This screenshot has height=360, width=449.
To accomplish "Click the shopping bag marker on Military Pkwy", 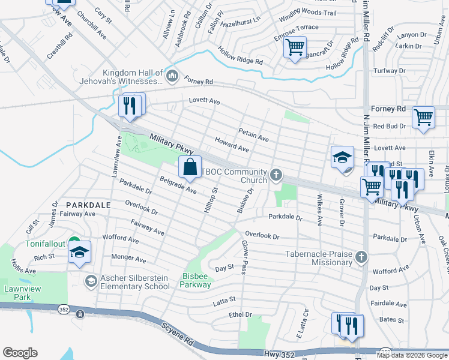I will pos(190,168).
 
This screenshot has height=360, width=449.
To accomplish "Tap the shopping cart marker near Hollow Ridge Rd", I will pos(295,47).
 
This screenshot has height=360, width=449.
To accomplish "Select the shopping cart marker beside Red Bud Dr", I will pos(424,117).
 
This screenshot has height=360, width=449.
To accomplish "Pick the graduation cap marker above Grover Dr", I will pos(342,157).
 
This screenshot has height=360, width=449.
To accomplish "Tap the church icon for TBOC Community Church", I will pos(276,175).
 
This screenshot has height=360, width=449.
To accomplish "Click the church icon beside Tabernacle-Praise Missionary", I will pos(361,257).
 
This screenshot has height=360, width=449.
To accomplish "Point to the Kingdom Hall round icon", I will pos(172,75).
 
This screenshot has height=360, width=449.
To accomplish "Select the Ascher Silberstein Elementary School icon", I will pos(91,281).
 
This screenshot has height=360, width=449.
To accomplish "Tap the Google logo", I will pos(20,353).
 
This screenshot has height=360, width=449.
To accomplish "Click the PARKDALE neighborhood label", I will pos(88,205).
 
